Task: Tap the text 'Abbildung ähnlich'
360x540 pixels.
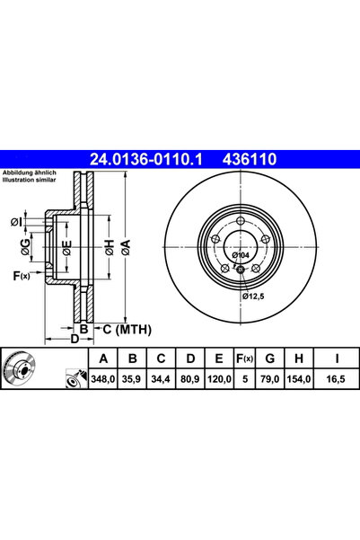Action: [31, 173]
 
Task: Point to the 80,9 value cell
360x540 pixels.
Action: [189, 380]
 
